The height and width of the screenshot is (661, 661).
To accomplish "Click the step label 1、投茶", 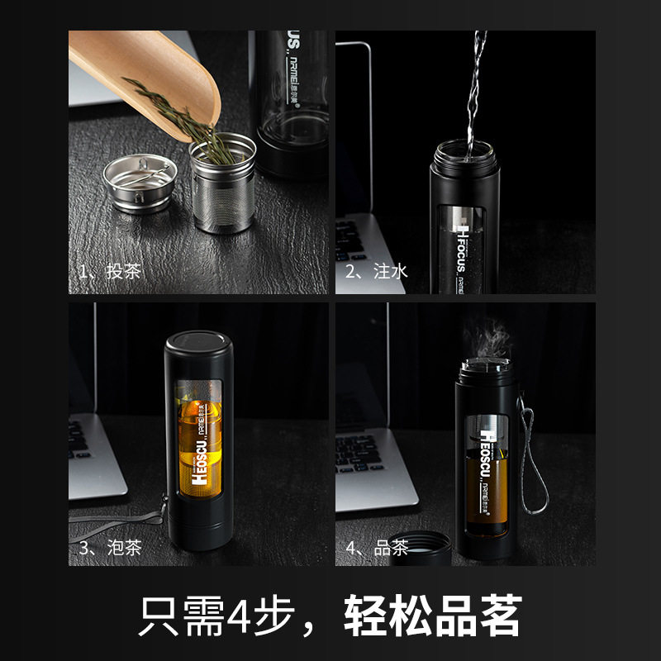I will point(109,272).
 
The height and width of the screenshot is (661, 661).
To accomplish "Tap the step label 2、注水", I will point(377,272).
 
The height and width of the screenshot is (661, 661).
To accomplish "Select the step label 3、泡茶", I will point(109,547).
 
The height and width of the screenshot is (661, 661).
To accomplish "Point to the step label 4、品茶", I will point(377,547).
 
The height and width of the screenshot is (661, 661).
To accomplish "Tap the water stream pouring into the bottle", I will point(474,91).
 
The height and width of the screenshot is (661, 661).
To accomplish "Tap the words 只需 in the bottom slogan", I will point(174,616).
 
